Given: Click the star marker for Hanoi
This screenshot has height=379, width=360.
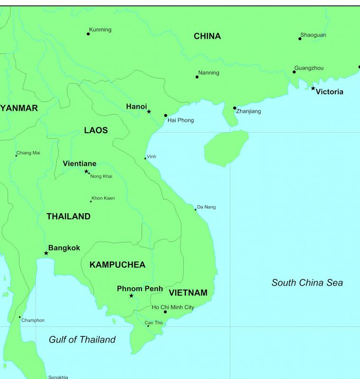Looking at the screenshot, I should coord(149,111).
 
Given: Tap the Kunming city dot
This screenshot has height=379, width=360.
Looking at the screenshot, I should coord(88,34).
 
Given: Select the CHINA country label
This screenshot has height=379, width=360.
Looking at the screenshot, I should coord(207,36).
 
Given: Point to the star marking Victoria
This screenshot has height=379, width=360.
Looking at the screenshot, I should coord(313,88).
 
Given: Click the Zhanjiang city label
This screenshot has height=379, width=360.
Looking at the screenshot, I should coord(248,111).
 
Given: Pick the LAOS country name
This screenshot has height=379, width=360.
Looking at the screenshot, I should coord(96,130).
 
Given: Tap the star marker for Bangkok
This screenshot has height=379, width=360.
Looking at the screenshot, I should coord(46,253).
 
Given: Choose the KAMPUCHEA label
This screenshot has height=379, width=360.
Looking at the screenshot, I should coord(117,265).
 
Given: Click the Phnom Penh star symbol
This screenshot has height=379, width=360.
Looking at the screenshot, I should coord(131,296).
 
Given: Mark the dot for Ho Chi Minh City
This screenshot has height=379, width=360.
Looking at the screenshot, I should coord(165,312).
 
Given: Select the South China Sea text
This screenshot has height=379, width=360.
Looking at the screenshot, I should coord(307,283).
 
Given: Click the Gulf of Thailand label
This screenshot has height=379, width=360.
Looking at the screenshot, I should coord(82,339).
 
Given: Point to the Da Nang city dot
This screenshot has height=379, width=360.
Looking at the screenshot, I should coord(195,209).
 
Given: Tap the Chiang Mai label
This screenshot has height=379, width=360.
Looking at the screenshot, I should coord(28,153).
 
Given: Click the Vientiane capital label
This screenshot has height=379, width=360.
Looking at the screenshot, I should coord(80,163).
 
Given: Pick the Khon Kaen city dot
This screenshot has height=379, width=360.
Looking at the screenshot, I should coord(91,201).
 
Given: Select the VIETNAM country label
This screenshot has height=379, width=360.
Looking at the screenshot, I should coord(188,293).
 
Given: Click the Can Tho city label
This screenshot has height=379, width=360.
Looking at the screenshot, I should coord(153,323).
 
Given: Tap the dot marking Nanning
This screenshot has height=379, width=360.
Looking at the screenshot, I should coord(197,77).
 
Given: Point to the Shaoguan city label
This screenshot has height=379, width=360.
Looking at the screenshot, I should coord(313,35).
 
